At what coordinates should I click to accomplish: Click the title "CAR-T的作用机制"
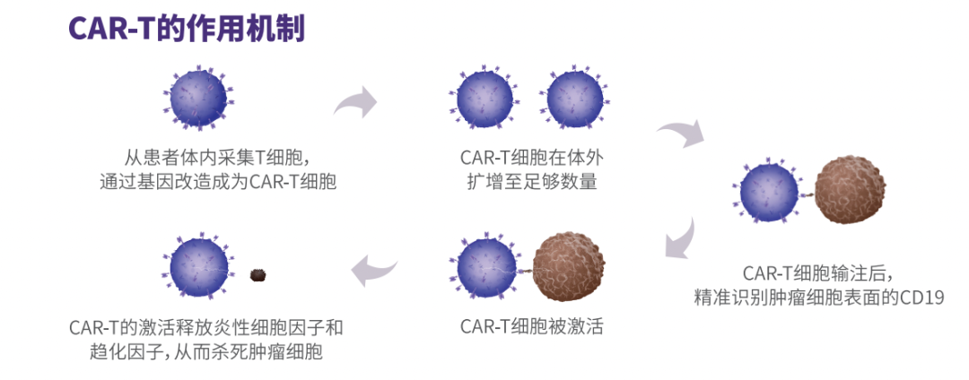point(187,29)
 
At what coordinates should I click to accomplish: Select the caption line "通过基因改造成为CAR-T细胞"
point(223,182)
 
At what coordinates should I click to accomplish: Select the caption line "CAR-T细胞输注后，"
point(819,272)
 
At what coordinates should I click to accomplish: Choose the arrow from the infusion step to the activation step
point(679,238)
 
